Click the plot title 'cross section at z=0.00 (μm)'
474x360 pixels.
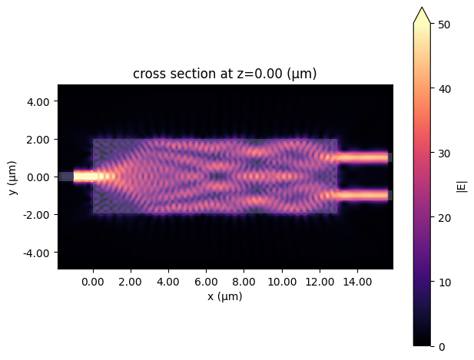coord(225,74)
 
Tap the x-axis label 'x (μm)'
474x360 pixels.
coord(225,296)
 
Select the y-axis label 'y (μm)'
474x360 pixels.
coord(14,177)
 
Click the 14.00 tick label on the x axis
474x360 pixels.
coord(357,281)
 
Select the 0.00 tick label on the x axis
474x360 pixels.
coord(93,281)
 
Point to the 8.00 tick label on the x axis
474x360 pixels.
coord(244,281)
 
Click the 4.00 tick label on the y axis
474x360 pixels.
coord(37,101)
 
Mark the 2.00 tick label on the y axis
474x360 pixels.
coord(37,139)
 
